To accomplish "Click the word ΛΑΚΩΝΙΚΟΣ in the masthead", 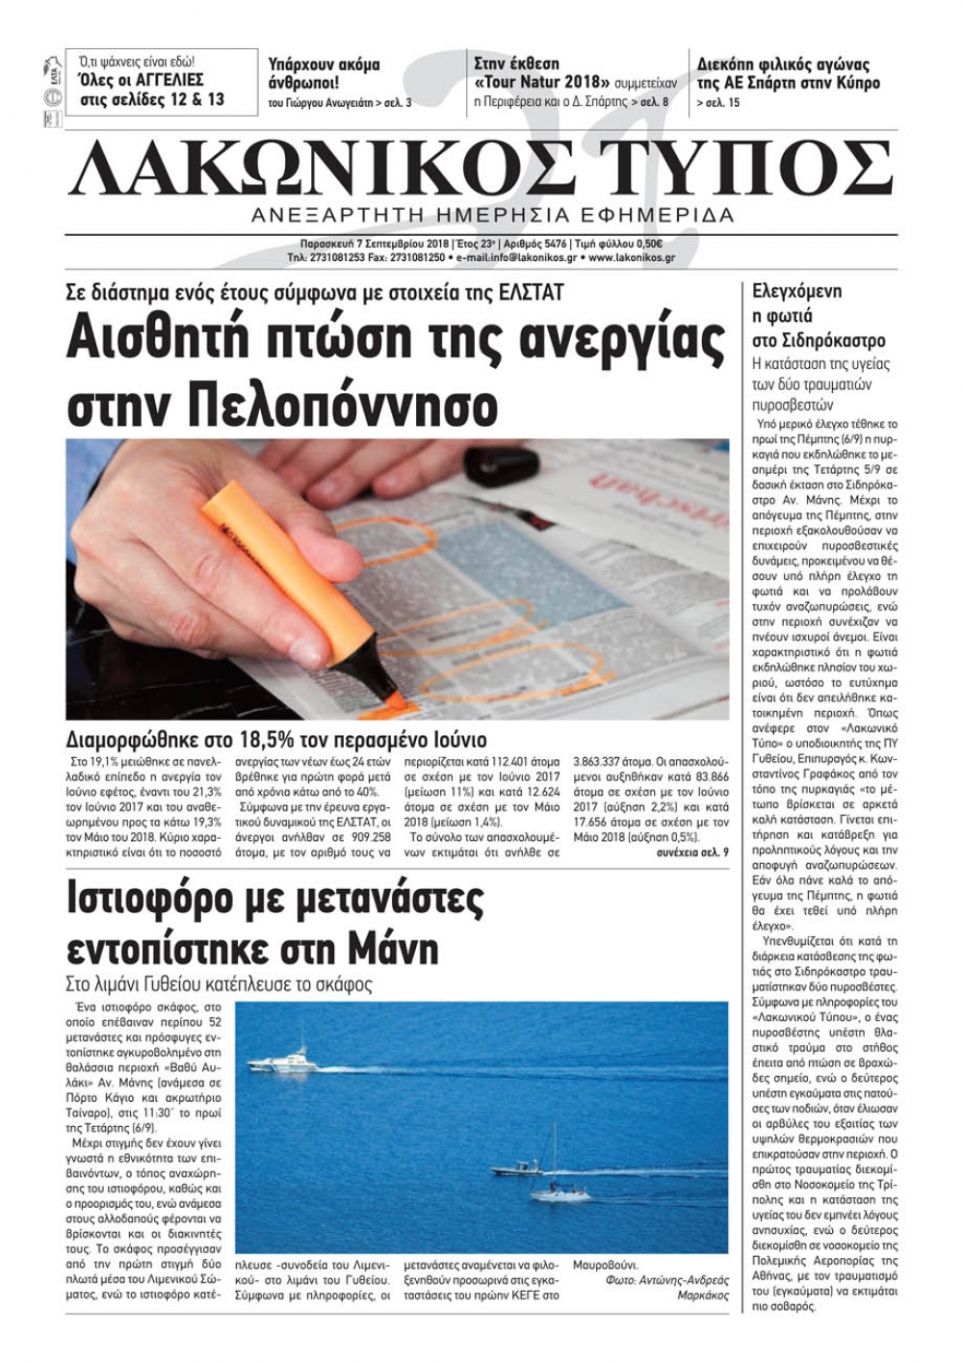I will (318, 169).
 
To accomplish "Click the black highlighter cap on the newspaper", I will (494, 467).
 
